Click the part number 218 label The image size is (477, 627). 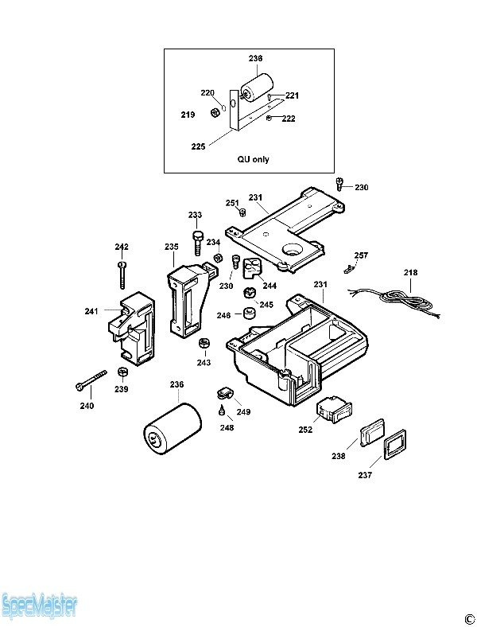click(410, 272)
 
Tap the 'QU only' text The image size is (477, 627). click(254, 159)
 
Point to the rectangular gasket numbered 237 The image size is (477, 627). click(394, 444)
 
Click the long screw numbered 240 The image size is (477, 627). click(91, 380)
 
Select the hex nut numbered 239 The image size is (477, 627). click(123, 372)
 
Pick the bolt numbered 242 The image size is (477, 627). click(122, 275)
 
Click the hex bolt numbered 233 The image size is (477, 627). click(197, 243)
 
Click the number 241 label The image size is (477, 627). click(91, 310)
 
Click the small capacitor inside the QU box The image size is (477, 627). click(257, 88)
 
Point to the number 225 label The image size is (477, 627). click(198, 146)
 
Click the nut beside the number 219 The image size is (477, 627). click(215, 112)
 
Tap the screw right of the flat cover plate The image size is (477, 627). click(339, 183)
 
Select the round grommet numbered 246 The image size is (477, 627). click(250, 313)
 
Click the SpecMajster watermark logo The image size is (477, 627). click(39, 606)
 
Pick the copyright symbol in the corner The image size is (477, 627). click(469, 619)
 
